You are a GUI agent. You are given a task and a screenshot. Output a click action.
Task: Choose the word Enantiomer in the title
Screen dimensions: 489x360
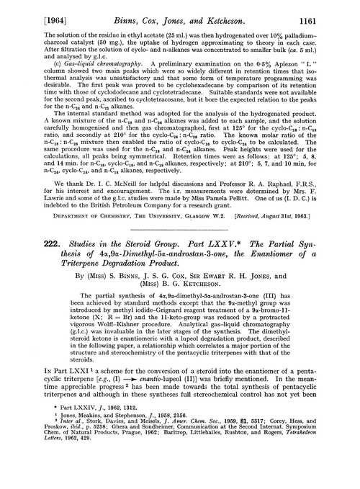(x=248, y=258)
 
